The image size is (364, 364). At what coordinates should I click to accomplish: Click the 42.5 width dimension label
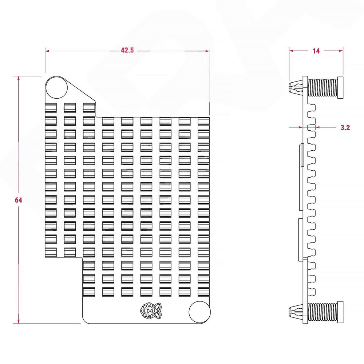pyautogui.click(x=127, y=51)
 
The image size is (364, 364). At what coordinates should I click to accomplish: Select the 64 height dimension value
pyautogui.click(x=18, y=200)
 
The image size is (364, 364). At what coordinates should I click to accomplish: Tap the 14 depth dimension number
pyautogui.click(x=316, y=51)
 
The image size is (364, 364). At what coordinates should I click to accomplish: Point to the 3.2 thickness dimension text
pyautogui.click(x=345, y=127)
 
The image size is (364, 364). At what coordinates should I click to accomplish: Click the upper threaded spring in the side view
pyautogui.click(x=323, y=87)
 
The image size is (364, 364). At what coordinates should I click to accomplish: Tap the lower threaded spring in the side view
pyautogui.click(x=323, y=312)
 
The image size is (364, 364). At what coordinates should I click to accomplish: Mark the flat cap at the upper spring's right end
pyautogui.click(x=341, y=87)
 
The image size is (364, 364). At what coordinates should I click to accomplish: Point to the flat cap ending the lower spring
pyautogui.click(x=341, y=312)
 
